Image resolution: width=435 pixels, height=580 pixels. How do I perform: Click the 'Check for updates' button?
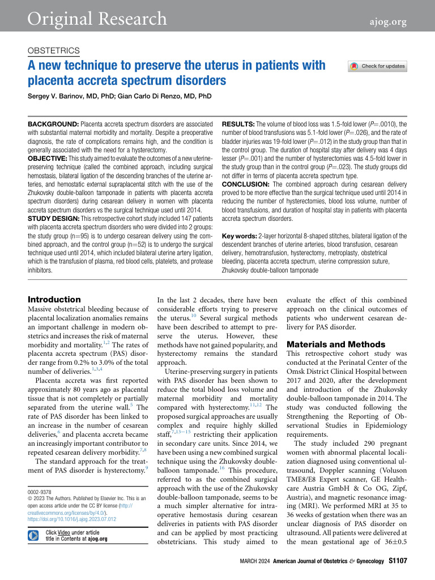click(x=378, y=66)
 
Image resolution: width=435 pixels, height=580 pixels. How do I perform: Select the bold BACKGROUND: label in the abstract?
click(x=54, y=123)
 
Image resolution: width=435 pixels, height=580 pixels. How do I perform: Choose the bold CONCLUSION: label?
click(x=244, y=167)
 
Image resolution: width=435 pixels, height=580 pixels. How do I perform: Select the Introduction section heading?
click(x=54, y=300)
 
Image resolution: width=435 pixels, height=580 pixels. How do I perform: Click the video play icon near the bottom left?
click(x=34, y=536)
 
